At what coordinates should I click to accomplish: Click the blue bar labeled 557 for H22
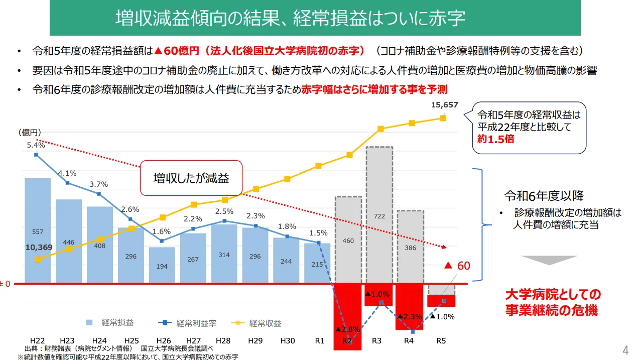(x=38, y=230)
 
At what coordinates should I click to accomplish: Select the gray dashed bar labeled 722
(x=379, y=215)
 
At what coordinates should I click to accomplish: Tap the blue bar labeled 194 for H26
(x=162, y=265)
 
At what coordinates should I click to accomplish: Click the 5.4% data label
(x=36, y=145)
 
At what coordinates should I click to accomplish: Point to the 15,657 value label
(x=444, y=105)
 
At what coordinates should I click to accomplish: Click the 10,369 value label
(x=39, y=247)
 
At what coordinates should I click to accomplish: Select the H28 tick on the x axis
(x=223, y=341)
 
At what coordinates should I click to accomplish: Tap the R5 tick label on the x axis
(x=441, y=341)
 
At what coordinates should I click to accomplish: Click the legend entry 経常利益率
(x=187, y=323)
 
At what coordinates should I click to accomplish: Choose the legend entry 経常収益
(x=257, y=323)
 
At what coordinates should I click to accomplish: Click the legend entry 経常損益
(x=109, y=322)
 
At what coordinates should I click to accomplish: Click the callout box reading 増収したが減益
(x=191, y=178)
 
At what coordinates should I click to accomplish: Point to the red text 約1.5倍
(x=495, y=139)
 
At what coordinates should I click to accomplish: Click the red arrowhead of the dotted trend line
(x=444, y=247)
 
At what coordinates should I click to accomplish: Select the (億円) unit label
(x=30, y=132)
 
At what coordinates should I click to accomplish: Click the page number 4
(x=625, y=350)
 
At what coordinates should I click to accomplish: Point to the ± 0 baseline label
(x=5, y=284)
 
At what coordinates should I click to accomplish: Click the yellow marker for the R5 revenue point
(x=443, y=118)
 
